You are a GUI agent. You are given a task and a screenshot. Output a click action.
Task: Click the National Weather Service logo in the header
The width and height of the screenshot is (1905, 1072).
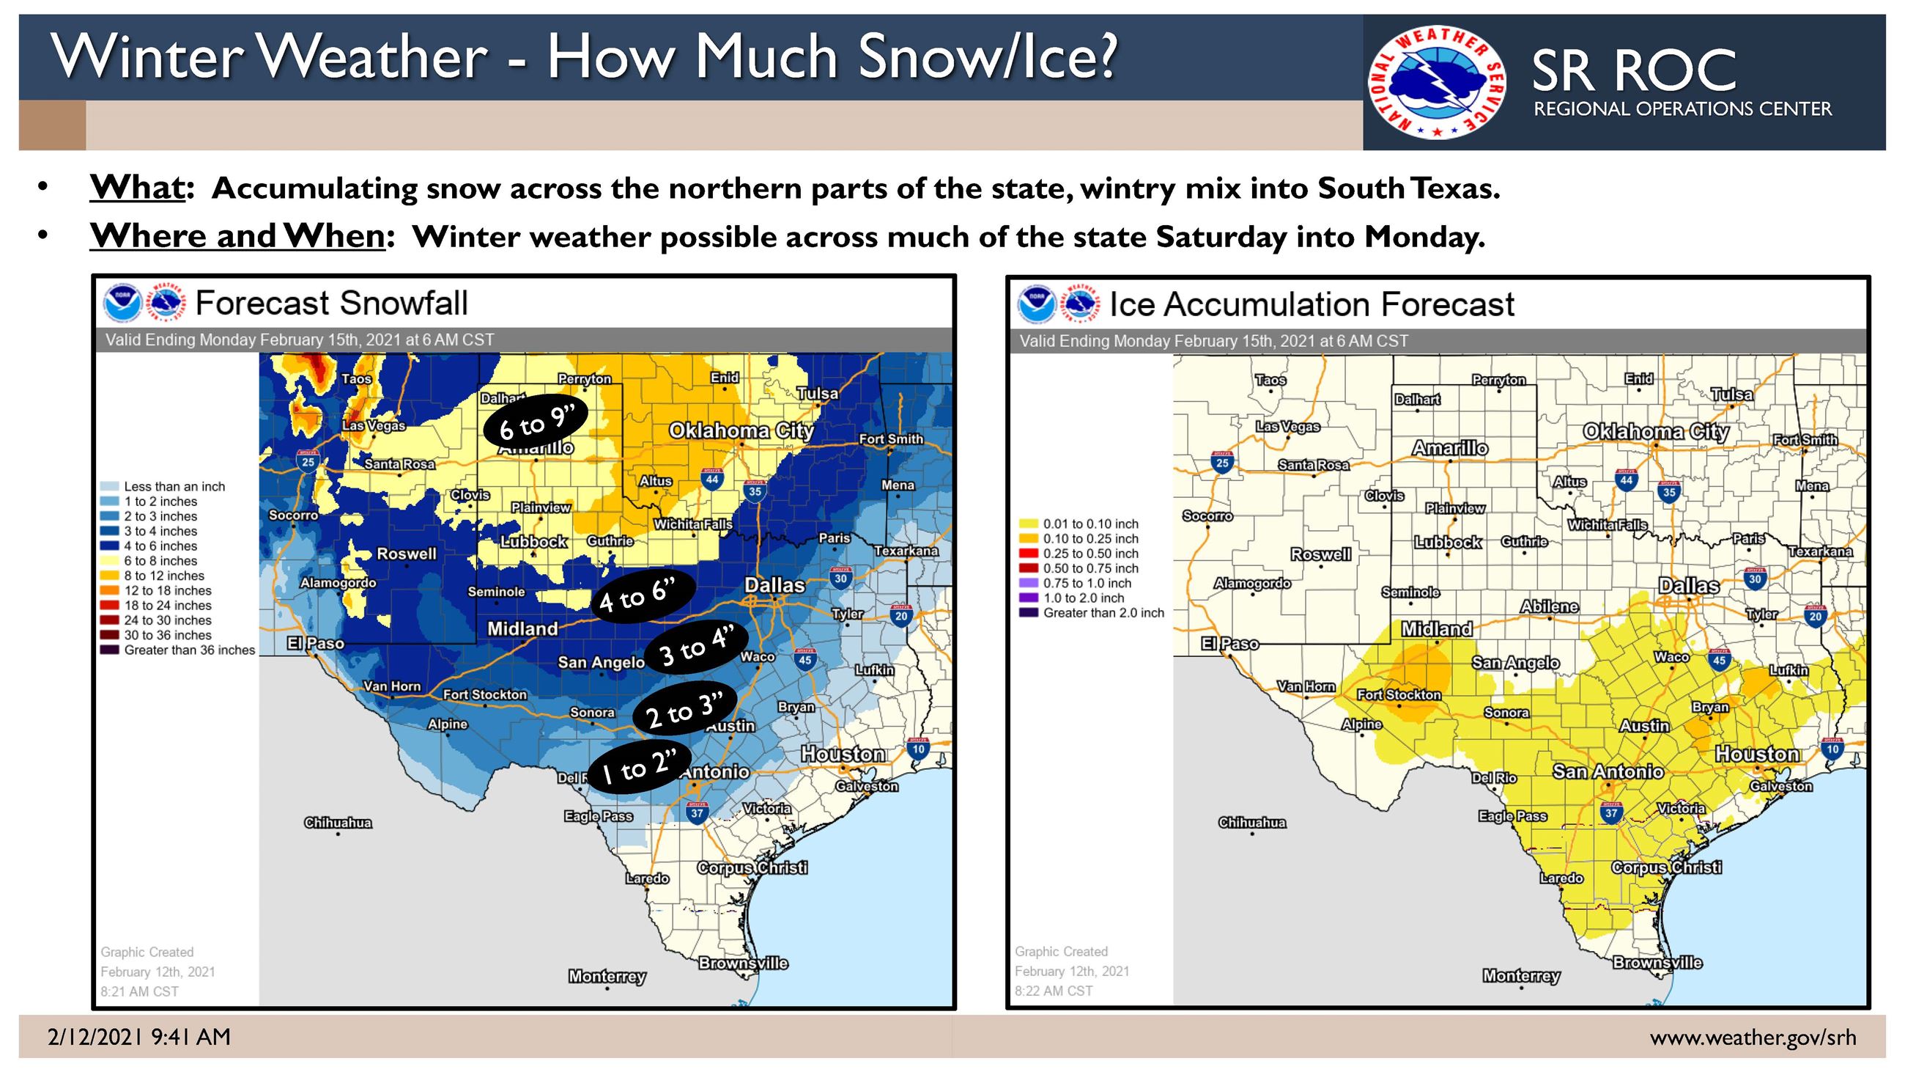tap(1437, 83)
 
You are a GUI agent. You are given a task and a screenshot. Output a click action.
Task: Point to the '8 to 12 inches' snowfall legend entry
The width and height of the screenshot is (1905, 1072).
tap(163, 576)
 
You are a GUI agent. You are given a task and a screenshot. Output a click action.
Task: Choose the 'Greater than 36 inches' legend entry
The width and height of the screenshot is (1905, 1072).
tap(188, 650)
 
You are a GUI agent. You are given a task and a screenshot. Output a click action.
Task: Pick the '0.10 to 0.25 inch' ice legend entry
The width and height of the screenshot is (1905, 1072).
tap(1090, 539)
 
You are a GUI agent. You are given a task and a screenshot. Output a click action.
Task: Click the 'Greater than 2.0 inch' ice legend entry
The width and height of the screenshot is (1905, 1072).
tap(1103, 612)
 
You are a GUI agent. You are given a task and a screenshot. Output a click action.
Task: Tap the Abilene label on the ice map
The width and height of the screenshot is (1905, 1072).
tap(1549, 606)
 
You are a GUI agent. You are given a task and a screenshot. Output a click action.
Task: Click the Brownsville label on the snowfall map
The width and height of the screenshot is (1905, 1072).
tap(743, 963)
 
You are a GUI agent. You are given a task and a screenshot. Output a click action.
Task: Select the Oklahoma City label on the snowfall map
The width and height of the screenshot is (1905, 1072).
tap(741, 430)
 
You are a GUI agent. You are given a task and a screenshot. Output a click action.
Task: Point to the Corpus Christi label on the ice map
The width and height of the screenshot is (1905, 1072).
tap(1666, 867)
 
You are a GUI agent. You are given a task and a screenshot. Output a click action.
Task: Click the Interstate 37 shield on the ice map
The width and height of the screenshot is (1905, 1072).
tap(1610, 812)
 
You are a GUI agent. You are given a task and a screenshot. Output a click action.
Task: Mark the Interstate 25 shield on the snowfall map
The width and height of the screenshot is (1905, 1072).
tap(308, 461)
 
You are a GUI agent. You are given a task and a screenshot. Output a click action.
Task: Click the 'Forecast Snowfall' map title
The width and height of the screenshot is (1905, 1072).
tap(331, 304)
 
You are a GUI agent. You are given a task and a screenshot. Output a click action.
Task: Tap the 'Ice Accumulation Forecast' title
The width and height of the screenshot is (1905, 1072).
tap(1312, 305)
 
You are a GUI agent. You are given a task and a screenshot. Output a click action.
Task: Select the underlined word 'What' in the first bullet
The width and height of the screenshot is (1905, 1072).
tap(138, 188)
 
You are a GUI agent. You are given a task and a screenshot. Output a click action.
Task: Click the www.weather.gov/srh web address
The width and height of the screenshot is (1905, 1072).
tap(1753, 1038)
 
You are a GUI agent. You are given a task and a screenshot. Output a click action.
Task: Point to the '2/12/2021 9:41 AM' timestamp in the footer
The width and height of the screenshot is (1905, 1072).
tap(139, 1038)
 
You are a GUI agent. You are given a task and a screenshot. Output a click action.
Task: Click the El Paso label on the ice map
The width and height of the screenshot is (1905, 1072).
tap(1229, 644)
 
